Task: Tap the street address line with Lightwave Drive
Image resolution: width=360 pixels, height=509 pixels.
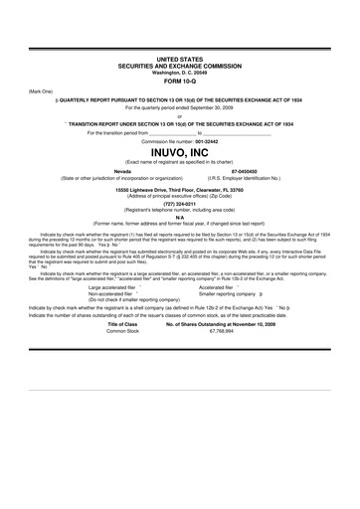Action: pos(179,189)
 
